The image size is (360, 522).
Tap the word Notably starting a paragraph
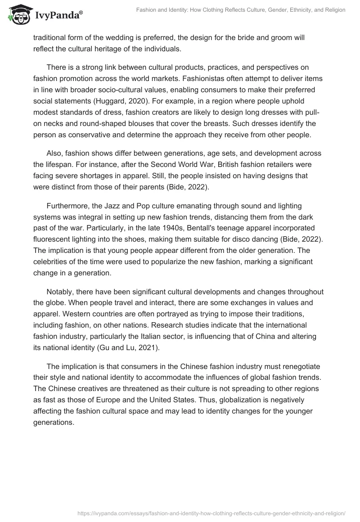(x=60, y=292)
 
